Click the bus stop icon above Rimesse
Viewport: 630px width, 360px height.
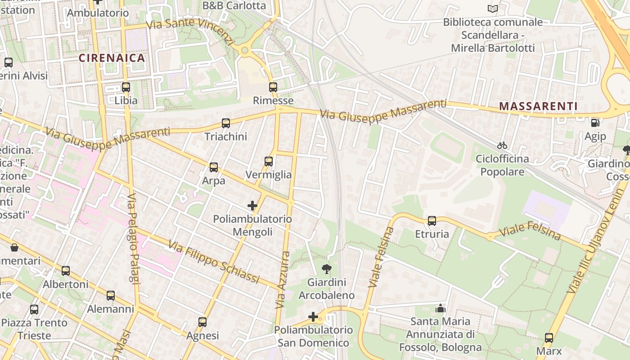tap(273, 87)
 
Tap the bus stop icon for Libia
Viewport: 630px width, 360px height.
tap(126, 87)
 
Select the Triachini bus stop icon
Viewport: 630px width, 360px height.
tap(226, 123)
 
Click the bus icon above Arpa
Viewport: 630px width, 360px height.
tap(214, 167)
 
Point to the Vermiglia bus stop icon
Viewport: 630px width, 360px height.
tap(269, 162)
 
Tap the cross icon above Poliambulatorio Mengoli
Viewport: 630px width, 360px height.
tap(252, 206)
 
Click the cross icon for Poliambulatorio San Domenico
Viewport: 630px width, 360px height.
tap(313, 317)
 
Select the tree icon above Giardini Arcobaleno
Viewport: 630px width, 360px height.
tap(327, 270)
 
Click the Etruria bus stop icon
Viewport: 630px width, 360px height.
tap(432, 221)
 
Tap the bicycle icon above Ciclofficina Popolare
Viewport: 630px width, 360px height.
tap(502, 145)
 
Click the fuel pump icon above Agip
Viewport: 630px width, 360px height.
tap(595, 123)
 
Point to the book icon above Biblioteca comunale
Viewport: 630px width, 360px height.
tap(493, 9)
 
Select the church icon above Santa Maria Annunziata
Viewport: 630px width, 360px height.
tap(441, 308)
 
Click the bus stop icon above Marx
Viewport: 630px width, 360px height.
tap(549, 338)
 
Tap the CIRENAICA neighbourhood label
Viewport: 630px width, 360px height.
tap(112, 58)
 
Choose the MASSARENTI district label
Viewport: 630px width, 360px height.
tap(539, 107)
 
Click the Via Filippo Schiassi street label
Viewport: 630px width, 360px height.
tap(214, 262)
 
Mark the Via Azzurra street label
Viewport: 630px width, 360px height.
tap(283, 280)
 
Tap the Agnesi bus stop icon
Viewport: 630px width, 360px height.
tap(202, 322)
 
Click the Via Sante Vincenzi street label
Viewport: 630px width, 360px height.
tap(191, 30)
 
